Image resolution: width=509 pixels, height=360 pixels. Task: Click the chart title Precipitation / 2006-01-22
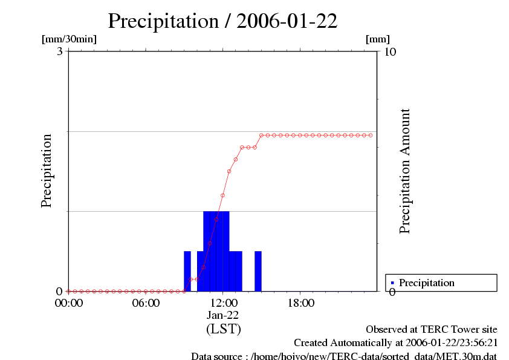tap(222, 21)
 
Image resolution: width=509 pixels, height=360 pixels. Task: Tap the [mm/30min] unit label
tap(69, 39)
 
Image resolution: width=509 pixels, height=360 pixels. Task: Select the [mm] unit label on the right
tap(378, 39)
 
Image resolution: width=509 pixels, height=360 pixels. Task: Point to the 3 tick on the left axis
tap(60, 51)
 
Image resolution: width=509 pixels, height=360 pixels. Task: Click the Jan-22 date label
tap(222, 315)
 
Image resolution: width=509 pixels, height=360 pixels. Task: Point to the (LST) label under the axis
tap(223, 329)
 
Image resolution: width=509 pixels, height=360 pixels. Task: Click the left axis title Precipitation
tap(47, 171)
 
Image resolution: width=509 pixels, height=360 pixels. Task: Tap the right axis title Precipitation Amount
tap(405, 171)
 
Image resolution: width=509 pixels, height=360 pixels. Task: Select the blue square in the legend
tap(392, 283)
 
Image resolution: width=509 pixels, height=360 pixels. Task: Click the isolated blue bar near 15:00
tap(258, 271)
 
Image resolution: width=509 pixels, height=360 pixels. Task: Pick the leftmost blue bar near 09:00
tap(187, 271)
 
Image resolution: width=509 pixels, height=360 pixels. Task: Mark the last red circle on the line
tap(371, 135)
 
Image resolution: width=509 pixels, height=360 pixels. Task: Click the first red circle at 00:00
tap(68, 291)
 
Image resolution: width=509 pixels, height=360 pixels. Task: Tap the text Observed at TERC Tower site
tap(432, 330)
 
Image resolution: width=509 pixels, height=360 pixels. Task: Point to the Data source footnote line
tap(344, 356)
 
